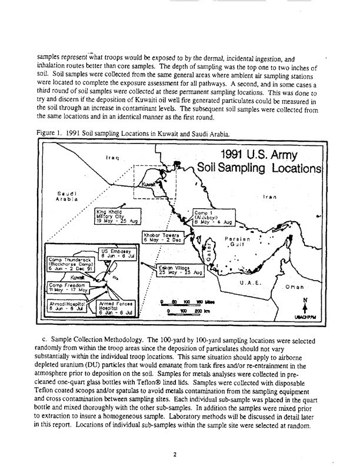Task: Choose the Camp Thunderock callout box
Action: click(68, 263)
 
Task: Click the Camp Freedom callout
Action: click(67, 288)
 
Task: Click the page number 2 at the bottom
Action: click(176, 437)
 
